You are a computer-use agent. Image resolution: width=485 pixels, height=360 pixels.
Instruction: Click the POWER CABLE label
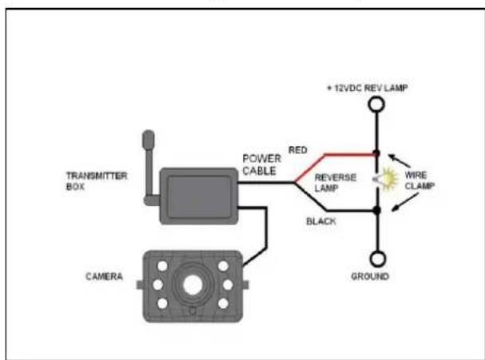(261, 165)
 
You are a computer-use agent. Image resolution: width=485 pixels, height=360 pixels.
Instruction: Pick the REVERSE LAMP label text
(331, 182)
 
